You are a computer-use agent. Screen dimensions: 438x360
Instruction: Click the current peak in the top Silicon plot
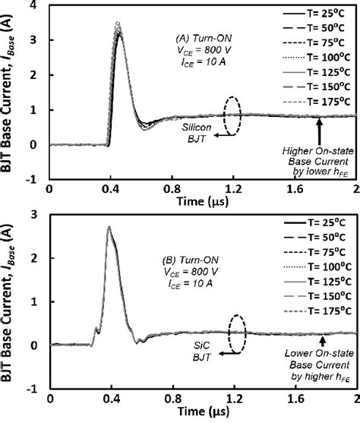[x=118, y=26]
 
